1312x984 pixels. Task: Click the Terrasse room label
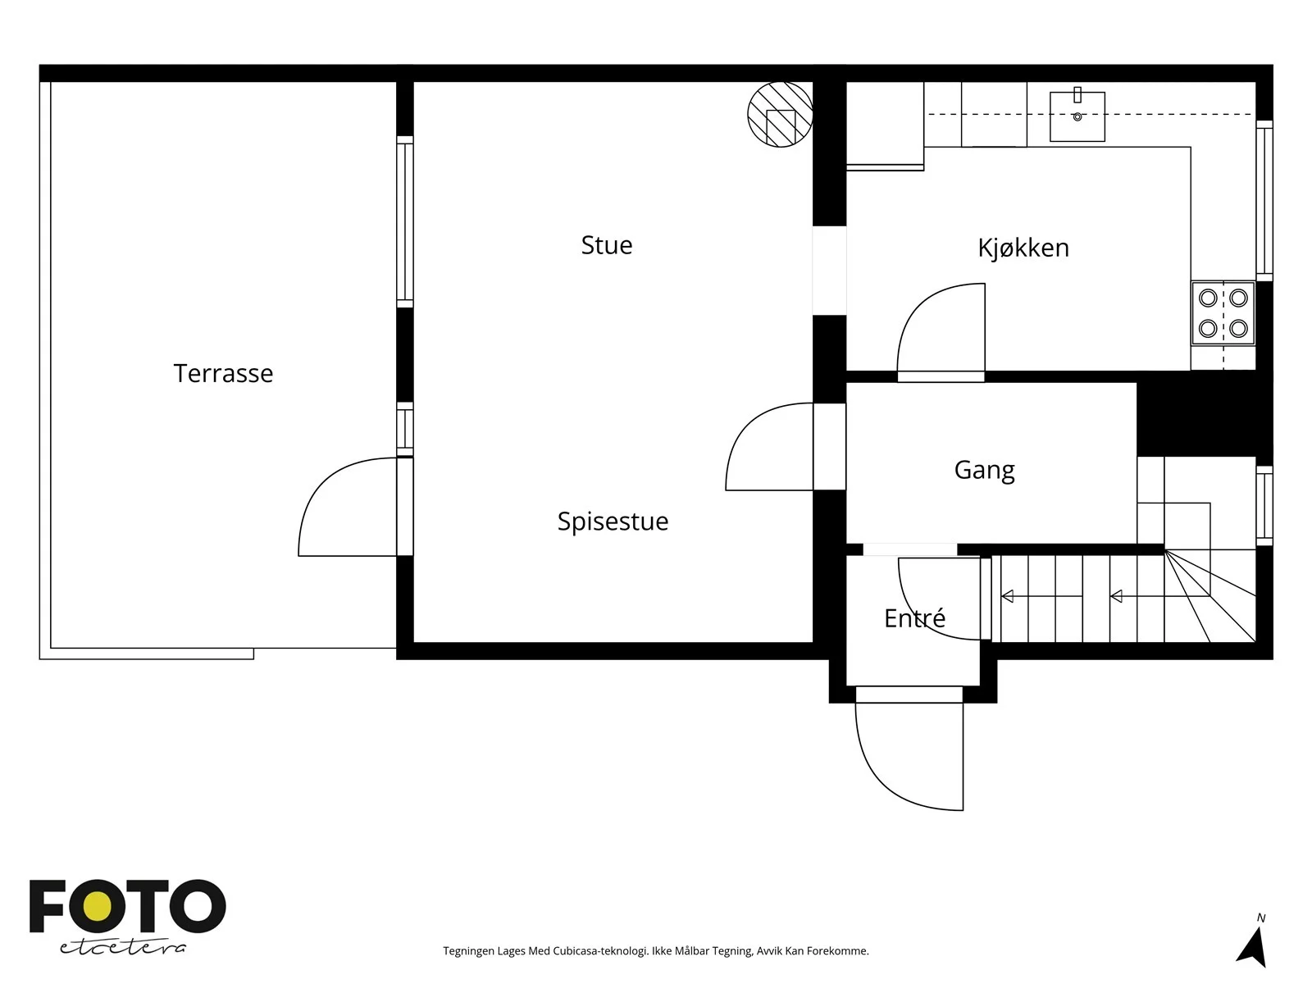(x=223, y=373)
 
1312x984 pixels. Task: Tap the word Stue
(x=606, y=245)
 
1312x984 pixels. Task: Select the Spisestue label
(x=613, y=522)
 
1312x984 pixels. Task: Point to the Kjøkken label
(x=1023, y=248)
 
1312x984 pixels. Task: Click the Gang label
(x=984, y=470)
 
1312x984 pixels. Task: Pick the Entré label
(x=914, y=617)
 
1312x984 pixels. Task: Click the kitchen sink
(x=1077, y=116)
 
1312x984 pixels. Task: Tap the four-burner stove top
(x=1223, y=313)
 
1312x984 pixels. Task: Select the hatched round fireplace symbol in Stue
(x=780, y=115)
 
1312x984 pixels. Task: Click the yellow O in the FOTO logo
(x=98, y=906)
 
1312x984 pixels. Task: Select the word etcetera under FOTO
(x=122, y=948)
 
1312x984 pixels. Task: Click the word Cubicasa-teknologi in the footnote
(x=601, y=951)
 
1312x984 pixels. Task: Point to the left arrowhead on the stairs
(x=1007, y=595)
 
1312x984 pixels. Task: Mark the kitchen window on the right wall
(x=1264, y=200)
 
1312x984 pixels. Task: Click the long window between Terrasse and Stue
(x=404, y=221)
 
